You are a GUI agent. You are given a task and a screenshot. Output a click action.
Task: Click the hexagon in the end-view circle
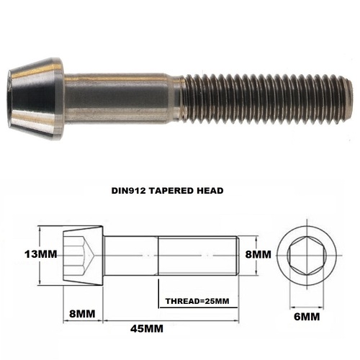coord(305,255)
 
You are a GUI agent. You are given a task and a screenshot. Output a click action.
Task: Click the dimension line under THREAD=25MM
coord(198,309)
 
